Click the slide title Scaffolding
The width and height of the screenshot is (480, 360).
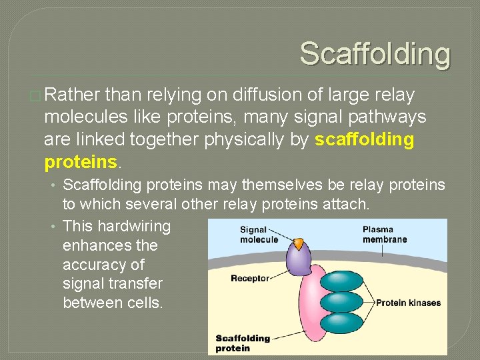[375, 53]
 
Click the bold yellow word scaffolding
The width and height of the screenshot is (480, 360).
[364, 140]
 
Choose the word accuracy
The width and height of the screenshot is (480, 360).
[95, 265]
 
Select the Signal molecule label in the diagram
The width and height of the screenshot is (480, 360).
[259, 235]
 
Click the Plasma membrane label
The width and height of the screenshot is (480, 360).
[384, 235]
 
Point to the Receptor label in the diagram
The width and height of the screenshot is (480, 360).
[249, 279]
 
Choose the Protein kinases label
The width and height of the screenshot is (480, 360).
[408, 303]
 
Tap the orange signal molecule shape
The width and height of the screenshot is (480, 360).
[299, 244]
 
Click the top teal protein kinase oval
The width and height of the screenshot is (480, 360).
[341, 280]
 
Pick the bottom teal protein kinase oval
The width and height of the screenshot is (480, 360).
[341, 324]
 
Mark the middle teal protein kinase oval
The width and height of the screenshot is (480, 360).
[341, 302]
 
